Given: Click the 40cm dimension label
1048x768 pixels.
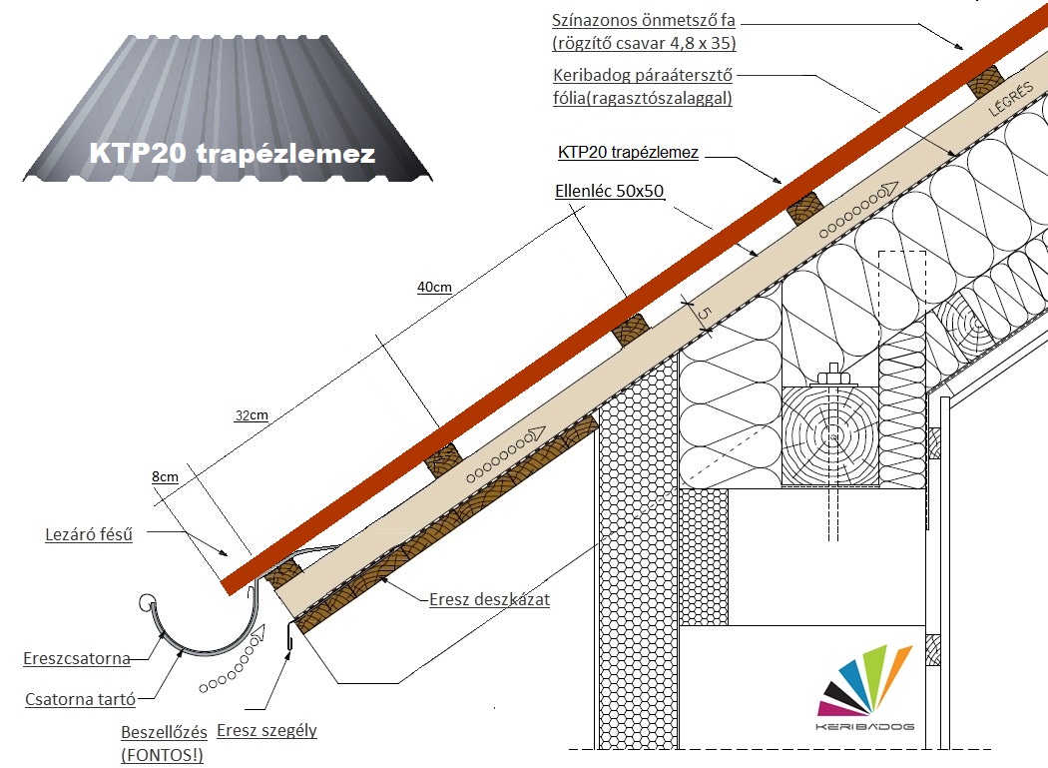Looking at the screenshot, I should pos(434,288).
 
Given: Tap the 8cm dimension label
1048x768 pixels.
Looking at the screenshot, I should pos(165,476).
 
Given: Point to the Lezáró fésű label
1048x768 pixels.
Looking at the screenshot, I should pos(89,533).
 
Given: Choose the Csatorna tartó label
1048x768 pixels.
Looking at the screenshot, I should pos(80,699).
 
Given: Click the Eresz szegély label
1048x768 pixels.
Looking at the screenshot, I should pos(266,730).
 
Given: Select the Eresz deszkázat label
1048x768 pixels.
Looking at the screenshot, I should pos(489,600).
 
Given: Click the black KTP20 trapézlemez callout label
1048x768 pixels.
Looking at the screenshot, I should pos(628,153).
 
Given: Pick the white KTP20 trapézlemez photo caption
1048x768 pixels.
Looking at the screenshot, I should pos(232,154).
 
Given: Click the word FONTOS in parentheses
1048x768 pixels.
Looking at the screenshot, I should pos(162,755).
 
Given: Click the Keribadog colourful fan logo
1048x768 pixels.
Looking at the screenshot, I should pos(865,684).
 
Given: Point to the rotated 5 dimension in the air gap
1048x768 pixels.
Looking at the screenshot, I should pos(703,314).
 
